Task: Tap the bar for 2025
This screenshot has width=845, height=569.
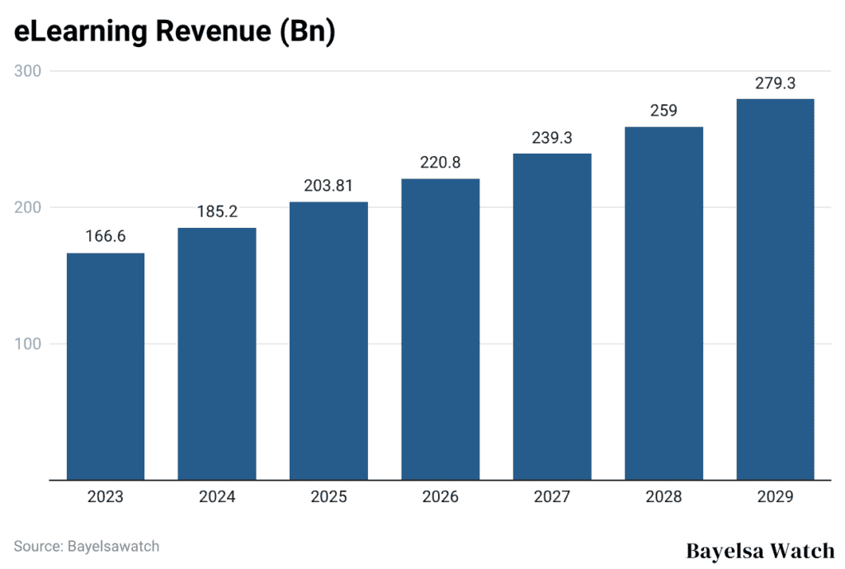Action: pyautogui.click(x=328, y=340)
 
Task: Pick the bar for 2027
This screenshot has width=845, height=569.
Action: pyautogui.click(x=552, y=316)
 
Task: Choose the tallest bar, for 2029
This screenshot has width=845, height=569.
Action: pyautogui.click(x=775, y=289)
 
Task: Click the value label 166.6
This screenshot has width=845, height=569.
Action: pyautogui.click(x=106, y=237)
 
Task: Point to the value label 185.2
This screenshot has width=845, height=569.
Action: pyautogui.click(x=217, y=212)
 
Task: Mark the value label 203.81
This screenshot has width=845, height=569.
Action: pyautogui.click(x=328, y=187)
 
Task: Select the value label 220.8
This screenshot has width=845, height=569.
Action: pyautogui.click(x=440, y=164)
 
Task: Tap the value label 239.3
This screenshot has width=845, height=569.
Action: pyautogui.click(x=552, y=138)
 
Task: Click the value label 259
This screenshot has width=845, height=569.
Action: pyautogui.click(x=663, y=111)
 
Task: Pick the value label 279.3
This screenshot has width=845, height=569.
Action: pyautogui.click(x=775, y=83)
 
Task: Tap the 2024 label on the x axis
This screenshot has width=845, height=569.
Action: pyautogui.click(x=217, y=497)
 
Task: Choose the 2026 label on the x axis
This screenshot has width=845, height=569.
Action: pyautogui.click(x=440, y=497)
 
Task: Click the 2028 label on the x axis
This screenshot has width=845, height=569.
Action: pyautogui.click(x=663, y=497)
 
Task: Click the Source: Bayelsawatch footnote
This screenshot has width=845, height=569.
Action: pyautogui.click(x=87, y=546)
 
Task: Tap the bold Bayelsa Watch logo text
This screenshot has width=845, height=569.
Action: pyautogui.click(x=760, y=551)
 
